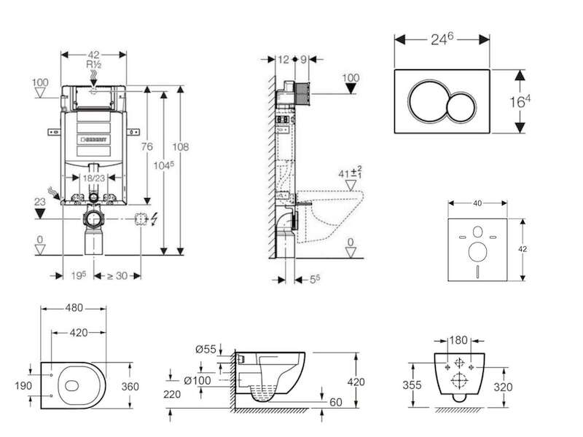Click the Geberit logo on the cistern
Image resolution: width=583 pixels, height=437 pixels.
94,140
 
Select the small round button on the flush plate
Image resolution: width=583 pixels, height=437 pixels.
461,106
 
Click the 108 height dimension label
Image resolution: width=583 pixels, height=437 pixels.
180,147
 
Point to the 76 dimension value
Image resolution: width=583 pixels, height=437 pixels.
147,147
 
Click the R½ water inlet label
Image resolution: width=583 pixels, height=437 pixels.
94,65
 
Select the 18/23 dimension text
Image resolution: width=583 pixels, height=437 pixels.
94,178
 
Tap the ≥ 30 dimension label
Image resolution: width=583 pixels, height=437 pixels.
117,276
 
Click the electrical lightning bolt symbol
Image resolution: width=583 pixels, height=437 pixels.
154,219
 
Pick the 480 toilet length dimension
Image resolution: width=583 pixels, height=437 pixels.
74,308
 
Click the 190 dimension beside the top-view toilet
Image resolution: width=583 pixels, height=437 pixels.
23,386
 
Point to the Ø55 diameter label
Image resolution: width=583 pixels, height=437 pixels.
206,350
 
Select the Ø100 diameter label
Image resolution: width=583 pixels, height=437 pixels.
197,380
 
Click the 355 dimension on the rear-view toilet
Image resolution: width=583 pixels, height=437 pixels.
412,385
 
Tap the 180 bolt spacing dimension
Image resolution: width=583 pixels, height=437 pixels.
458,340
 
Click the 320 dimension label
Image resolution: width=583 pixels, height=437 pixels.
503,387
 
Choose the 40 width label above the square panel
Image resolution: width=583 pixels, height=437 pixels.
477,203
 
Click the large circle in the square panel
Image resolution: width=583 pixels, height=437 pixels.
478,252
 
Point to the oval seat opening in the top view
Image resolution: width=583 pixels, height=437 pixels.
72,386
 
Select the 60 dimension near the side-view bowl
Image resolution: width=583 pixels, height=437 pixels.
336,402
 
